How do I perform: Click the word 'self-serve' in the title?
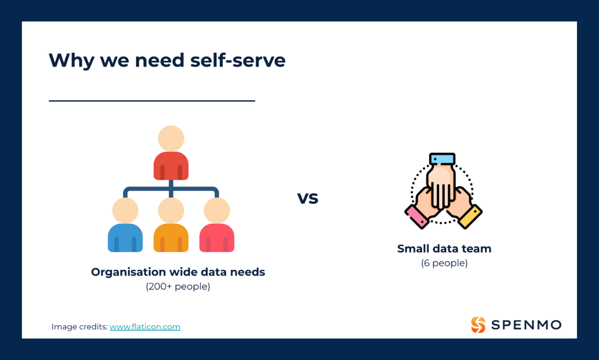[x=238, y=60]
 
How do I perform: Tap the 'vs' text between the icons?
[x=307, y=198]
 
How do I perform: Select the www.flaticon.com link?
[x=145, y=327]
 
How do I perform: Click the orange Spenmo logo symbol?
[x=478, y=325]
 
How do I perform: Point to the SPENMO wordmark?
[x=526, y=325]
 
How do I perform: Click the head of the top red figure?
[x=171, y=138]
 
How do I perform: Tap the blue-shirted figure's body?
[x=125, y=238]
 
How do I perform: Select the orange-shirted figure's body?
[x=171, y=238]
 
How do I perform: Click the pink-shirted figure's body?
[x=217, y=238]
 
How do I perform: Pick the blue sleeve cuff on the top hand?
[x=442, y=159]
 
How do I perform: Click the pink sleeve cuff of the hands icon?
[x=417, y=217]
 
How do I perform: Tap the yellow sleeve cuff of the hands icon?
[x=470, y=217]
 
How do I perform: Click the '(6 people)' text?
[x=444, y=263]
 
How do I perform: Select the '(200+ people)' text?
[x=178, y=286]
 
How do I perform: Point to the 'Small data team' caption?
[x=444, y=249]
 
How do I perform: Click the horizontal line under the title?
[x=152, y=101]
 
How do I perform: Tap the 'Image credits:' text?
[x=80, y=327]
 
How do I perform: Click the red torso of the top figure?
[x=171, y=166]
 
